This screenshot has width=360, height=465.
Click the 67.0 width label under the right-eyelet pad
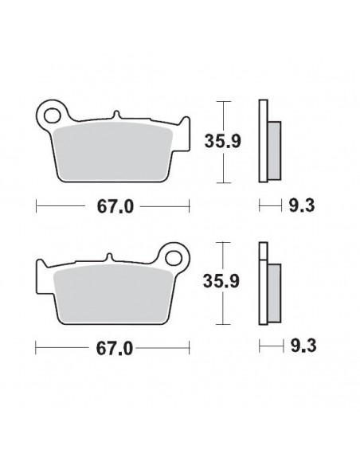click(x=112, y=348)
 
